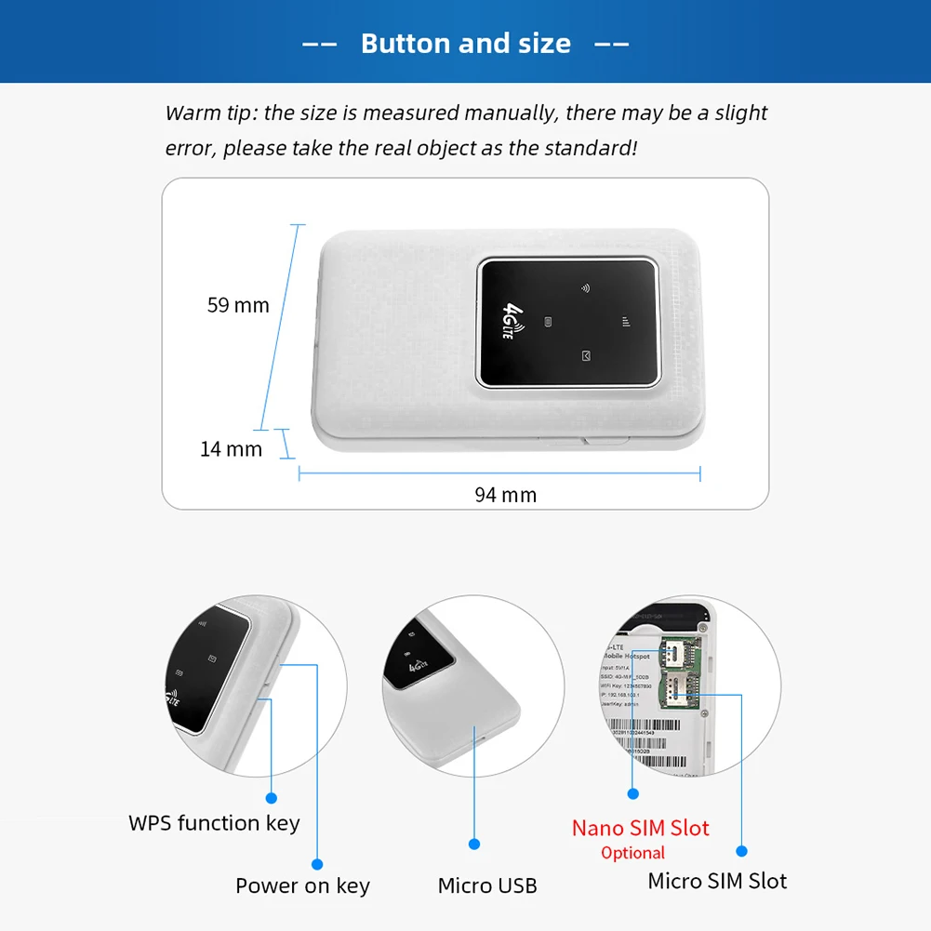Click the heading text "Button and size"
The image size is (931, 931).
[x=465, y=43]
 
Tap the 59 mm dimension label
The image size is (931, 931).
[x=238, y=305]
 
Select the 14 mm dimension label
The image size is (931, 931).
[x=232, y=449]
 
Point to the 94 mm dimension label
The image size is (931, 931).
[x=505, y=495]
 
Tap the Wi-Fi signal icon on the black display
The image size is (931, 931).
[x=585, y=288]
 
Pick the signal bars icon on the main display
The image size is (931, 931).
[x=626, y=323]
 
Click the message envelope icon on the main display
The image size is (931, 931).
[x=586, y=356]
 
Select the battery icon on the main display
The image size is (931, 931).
[x=549, y=323]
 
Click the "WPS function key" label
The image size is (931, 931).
[x=214, y=823]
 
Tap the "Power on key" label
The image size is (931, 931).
[x=302, y=886]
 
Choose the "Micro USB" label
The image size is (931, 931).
[x=487, y=886]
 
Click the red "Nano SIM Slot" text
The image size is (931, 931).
[x=640, y=828]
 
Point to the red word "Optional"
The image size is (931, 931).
[x=632, y=853]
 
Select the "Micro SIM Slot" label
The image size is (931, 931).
[x=717, y=881]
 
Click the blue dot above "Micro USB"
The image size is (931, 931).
[x=474, y=845]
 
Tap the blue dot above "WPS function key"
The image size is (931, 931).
[x=273, y=797]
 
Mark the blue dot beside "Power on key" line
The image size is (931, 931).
[x=317, y=864]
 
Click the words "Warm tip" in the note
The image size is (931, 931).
[x=210, y=113]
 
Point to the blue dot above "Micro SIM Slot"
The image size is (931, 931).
[x=741, y=850]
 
